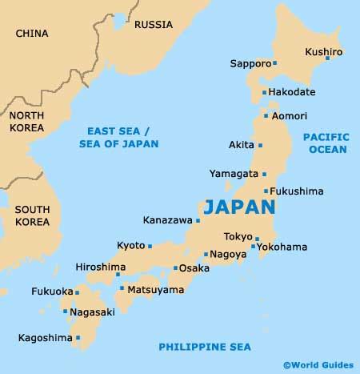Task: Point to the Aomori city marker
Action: tap(266, 116)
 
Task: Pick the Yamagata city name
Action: tap(233, 174)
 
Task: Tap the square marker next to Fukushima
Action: tap(266, 191)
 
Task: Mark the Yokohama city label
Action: tap(282, 247)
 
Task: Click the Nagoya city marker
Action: tap(206, 255)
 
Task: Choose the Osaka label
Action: tap(194, 268)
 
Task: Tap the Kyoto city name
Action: tap(130, 244)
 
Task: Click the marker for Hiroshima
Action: tap(118, 275)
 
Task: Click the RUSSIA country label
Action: tap(154, 24)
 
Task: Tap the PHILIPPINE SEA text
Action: tap(204, 346)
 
